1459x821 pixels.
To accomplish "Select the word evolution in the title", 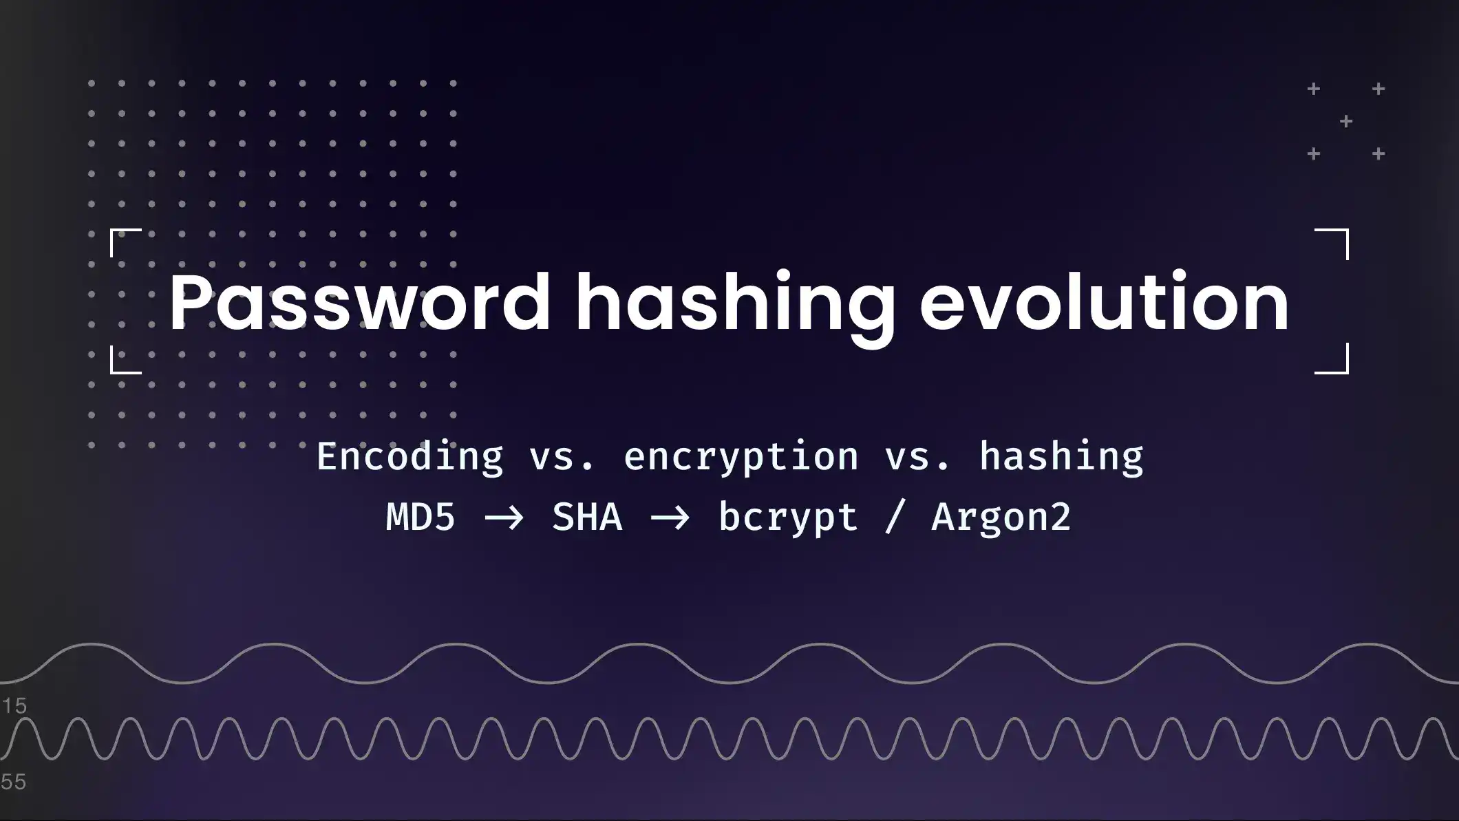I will point(1104,303).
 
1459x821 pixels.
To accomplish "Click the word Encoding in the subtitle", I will point(410,457).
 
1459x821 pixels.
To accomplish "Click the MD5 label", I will point(420,517).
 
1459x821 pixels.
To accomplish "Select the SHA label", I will point(587,517).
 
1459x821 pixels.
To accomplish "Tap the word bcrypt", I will point(788,518).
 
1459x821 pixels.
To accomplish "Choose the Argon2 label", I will point(1001,518).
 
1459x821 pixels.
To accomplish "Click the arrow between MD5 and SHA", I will point(504,518).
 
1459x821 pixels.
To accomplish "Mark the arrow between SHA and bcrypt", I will point(670,518).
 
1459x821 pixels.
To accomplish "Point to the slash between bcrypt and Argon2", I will point(894,518).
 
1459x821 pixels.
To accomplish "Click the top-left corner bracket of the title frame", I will point(124,241).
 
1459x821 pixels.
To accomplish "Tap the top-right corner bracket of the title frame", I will point(1334,242).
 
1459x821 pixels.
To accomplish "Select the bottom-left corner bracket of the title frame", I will point(124,361).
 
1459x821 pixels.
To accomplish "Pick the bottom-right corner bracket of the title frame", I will point(1334,361).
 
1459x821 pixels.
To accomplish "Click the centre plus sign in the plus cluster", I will point(1346,122).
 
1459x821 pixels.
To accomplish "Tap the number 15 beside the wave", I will point(14,705).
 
